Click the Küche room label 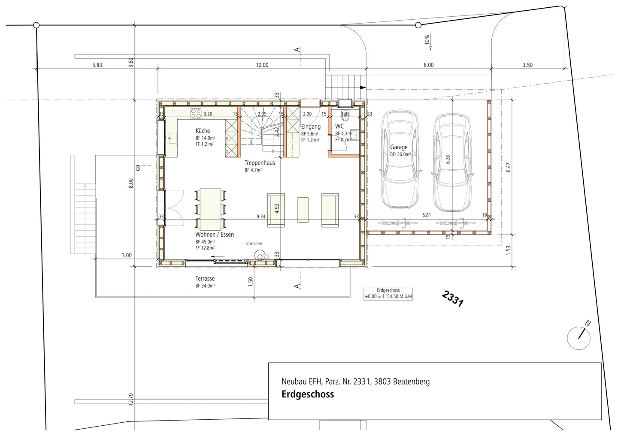click(x=203, y=131)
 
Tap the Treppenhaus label click(x=260, y=163)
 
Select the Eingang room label click(x=311, y=127)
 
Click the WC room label click(x=339, y=126)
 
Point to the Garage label click(x=399, y=147)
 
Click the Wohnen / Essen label click(x=215, y=235)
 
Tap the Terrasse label click(x=205, y=279)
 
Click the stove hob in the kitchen click(x=196, y=114)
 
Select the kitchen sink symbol click(x=172, y=138)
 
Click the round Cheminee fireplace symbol click(x=259, y=255)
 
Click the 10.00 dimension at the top click(x=262, y=65)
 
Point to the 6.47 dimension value click(x=509, y=167)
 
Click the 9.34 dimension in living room click(x=261, y=216)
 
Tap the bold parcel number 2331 click(x=452, y=298)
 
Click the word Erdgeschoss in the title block click(x=307, y=394)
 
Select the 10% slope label click(x=427, y=40)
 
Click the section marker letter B click(x=138, y=168)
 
